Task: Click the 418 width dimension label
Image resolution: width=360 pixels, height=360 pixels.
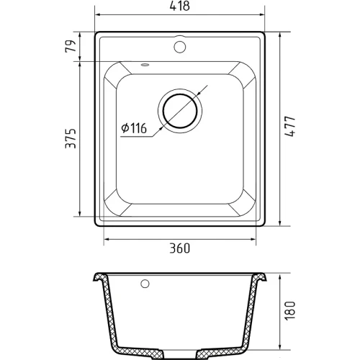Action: (180, 6)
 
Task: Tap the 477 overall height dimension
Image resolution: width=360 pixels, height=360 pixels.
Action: (289, 127)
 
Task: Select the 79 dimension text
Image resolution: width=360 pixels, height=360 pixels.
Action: (71, 46)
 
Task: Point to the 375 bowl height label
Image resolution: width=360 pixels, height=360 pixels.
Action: (71, 138)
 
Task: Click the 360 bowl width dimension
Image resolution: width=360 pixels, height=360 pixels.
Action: (180, 248)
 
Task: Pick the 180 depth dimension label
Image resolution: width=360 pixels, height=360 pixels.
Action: (289, 310)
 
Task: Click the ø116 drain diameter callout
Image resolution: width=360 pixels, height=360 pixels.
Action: (134, 128)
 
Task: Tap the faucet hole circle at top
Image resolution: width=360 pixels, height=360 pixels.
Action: (180, 47)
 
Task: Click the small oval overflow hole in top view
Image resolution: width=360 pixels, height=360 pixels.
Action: (145, 65)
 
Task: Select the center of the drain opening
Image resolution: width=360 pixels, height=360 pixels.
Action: (180, 111)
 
